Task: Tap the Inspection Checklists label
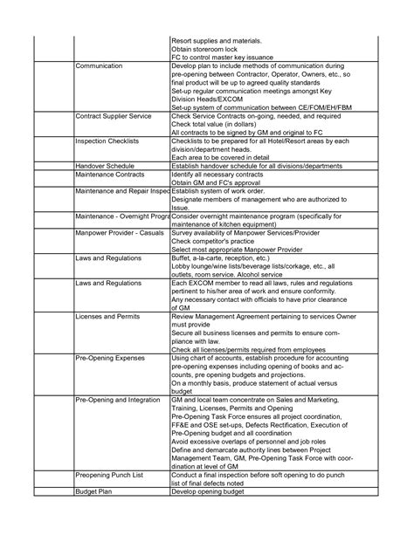click(109, 141)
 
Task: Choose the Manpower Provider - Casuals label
click(120, 234)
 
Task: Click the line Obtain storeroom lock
click(208, 49)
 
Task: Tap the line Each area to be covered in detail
click(224, 156)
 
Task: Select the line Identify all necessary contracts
click(222, 174)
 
